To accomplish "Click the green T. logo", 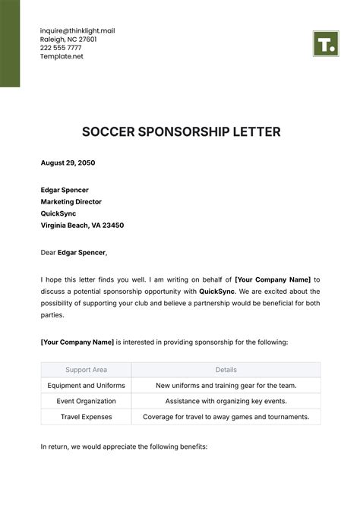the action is tap(325, 44).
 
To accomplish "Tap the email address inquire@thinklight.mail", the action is tap(77, 31).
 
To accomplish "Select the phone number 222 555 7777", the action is tap(61, 48).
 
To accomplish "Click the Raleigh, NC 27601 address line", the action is tap(69, 39).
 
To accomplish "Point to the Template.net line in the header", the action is tap(62, 56).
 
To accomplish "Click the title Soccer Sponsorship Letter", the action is tap(181, 132).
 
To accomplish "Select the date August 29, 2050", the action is tap(68, 162).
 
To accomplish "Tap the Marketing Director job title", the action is tap(71, 202).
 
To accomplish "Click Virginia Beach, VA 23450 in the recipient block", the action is tap(82, 226).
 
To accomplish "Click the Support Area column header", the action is tap(86, 370).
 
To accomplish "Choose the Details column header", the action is tap(226, 370).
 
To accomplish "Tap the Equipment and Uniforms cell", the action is tap(86, 386).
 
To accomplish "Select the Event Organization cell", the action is tap(86, 401).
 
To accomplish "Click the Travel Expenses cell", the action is tap(86, 417).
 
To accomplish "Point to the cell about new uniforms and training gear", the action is tap(226, 386).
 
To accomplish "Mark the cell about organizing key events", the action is tap(226, 401).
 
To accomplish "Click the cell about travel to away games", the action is tap(226, 417).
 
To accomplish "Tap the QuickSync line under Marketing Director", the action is tap(58, 213).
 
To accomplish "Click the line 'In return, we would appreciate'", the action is tap(124, 447).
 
